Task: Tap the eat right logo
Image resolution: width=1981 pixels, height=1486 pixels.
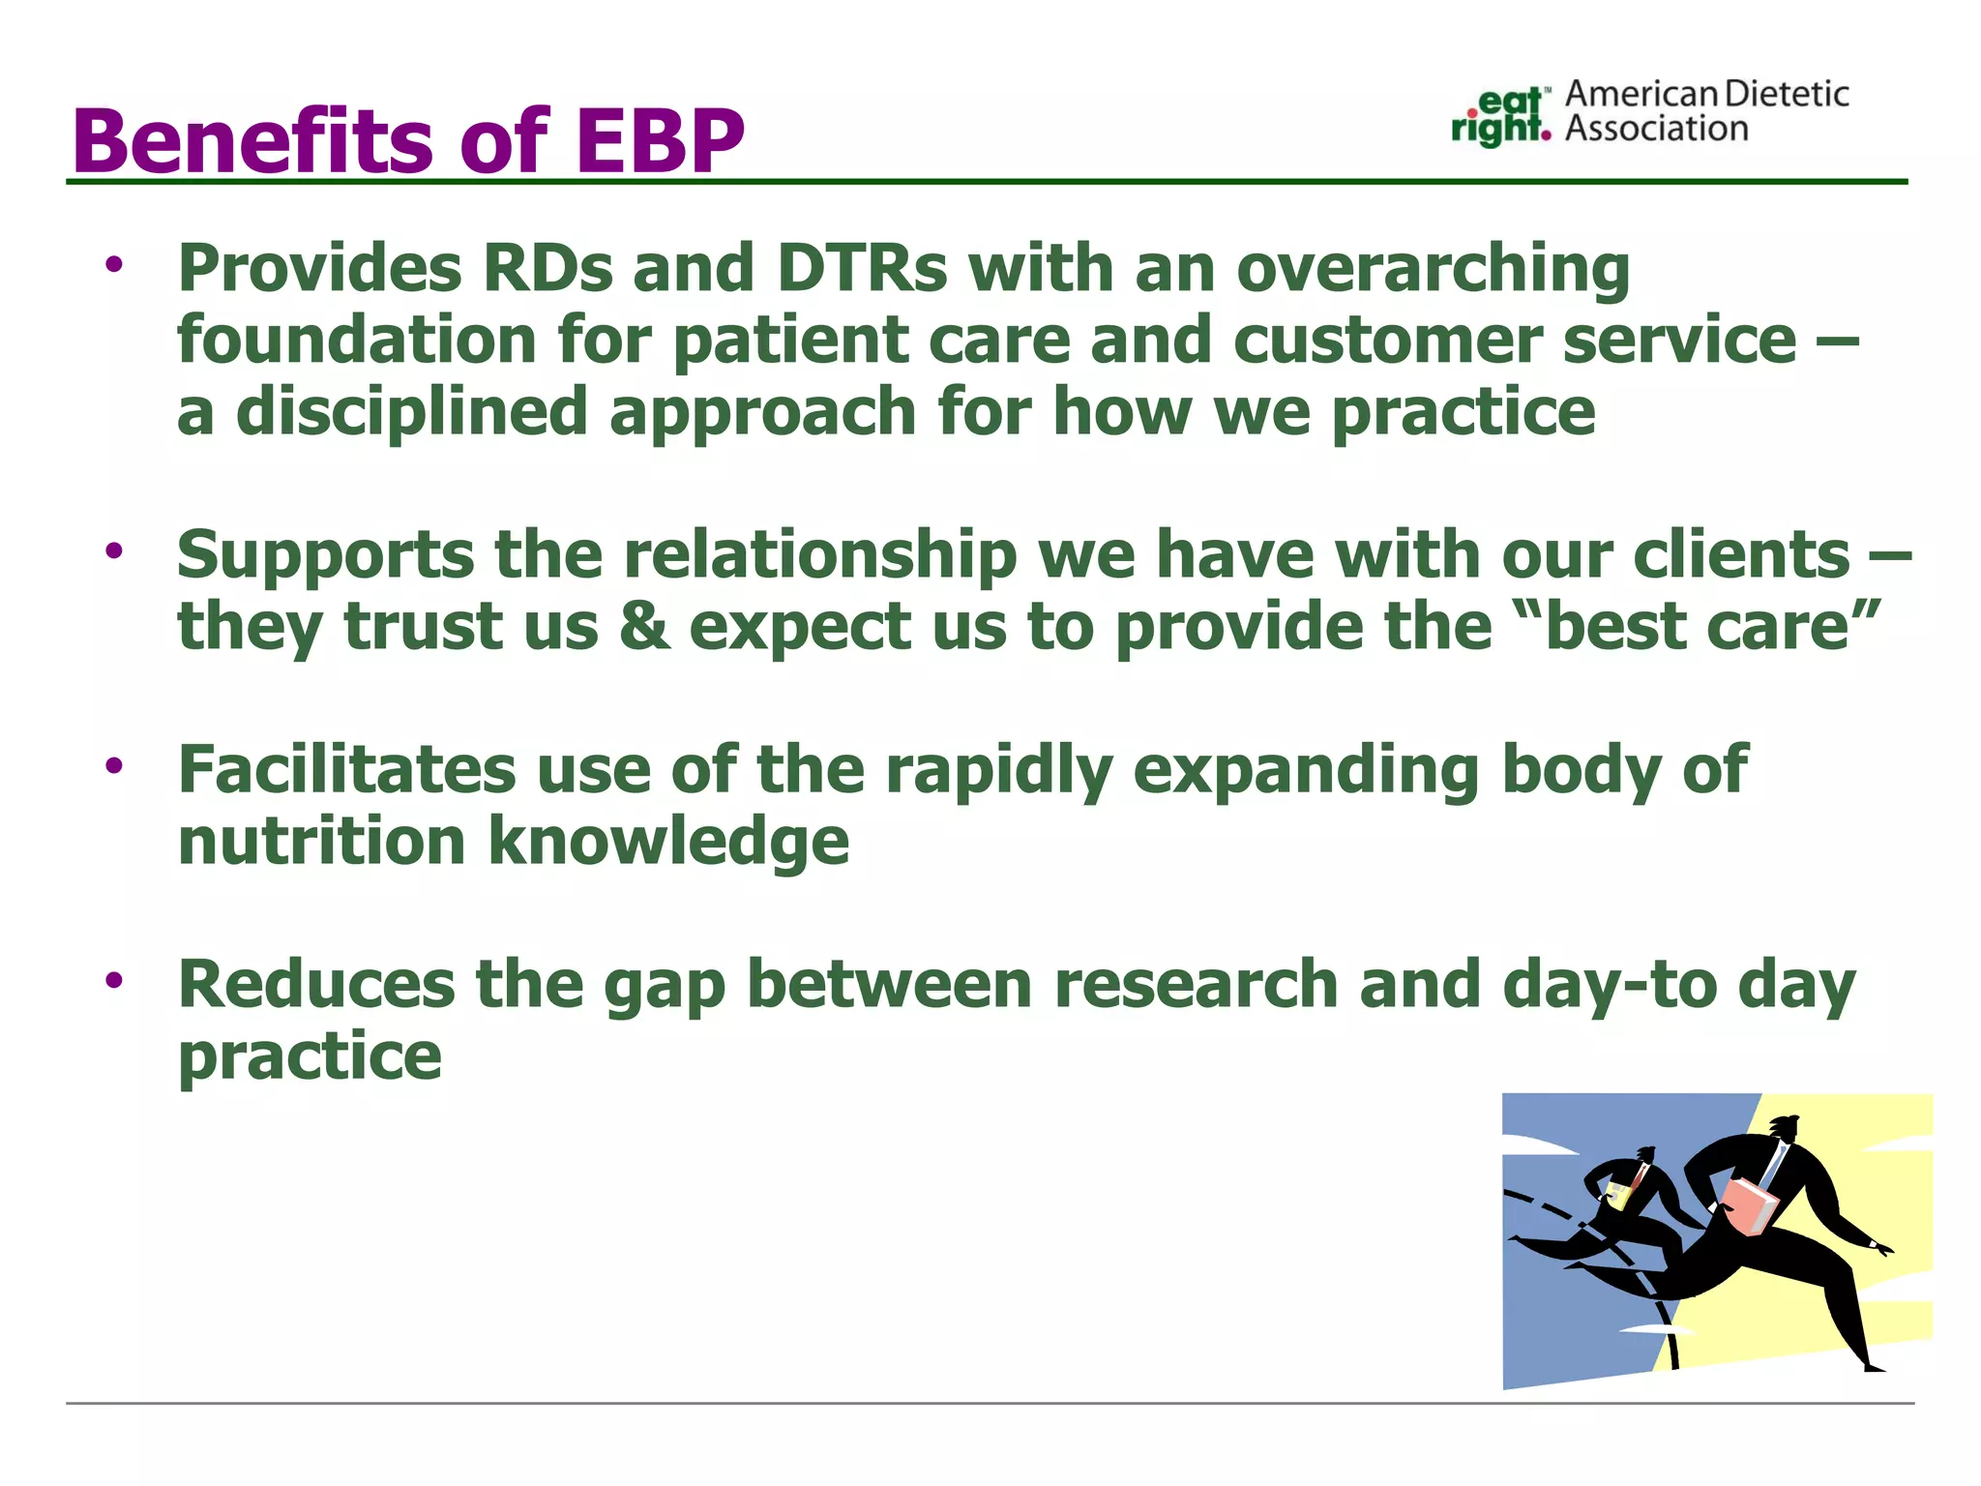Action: coord(1500,116)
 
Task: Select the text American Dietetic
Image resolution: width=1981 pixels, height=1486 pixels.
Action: coord(1706,94)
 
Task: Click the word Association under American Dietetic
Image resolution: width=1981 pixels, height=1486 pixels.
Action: coord(1656,129)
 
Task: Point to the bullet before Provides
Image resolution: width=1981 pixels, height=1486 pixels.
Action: coord(115,264)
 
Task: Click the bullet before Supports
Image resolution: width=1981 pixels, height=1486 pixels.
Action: coord(115,550)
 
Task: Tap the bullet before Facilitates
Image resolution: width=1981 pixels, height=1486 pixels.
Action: coord(115,765)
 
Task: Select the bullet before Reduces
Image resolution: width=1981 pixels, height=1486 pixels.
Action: coord(115,980)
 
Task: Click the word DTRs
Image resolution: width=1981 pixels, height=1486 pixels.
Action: coord(862,268)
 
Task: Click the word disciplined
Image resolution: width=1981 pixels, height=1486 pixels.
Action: coord(412,412)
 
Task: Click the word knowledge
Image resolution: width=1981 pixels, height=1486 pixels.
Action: coord(668,842)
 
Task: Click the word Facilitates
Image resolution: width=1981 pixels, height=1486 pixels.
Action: coord(347,770)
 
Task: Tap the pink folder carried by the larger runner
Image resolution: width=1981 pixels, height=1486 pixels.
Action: coord(1749,1205)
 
